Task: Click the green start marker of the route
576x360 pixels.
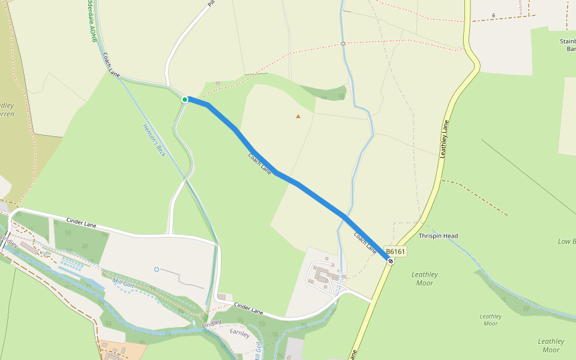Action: [185, 100]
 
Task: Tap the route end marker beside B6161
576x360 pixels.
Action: [391, 261]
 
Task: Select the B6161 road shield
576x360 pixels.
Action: [396, 252]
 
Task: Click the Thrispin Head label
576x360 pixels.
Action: [438, 236]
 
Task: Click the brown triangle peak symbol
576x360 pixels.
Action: [298, 116]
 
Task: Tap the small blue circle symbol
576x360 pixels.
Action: [157, 269]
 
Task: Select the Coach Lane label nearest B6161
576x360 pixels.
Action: [365, 241]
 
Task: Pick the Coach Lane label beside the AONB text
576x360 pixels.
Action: [111, 65]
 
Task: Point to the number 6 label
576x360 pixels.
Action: [493, 15]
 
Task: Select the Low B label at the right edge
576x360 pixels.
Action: [566, 241]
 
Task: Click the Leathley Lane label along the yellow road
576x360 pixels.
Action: [444, 139]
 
